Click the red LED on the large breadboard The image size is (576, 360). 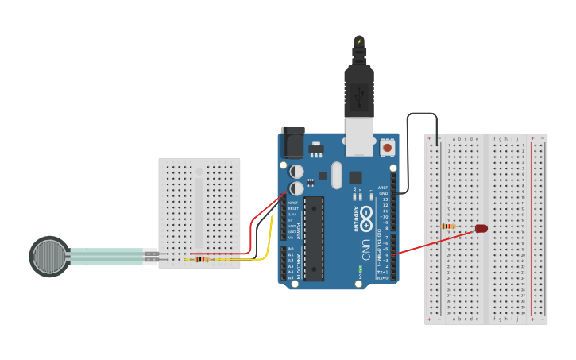tap(481, 228)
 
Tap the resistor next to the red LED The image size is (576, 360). tap(448, 226)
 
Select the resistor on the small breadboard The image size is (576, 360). tap(202, 259)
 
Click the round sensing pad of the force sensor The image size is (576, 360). tap(49, 257)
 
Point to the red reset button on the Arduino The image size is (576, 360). tap(387, 147)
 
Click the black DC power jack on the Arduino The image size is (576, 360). tap(292, 142)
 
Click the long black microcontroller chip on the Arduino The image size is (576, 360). tap(315, 238)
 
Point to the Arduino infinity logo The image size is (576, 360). tap(366, 214)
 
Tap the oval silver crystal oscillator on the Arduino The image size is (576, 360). tap(336, 175)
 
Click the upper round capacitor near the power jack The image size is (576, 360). tap(296, 171)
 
